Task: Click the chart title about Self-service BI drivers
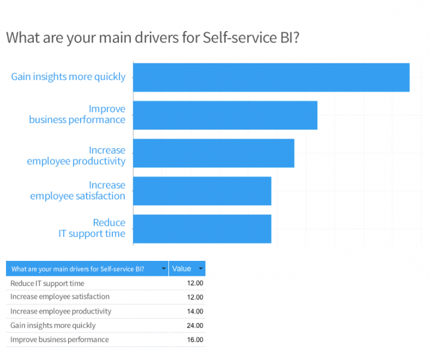[x=152, y=37]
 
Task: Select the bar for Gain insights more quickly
[x=271, y=77]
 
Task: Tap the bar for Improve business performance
[x=225, y=115]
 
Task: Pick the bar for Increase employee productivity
[x=213, y=153]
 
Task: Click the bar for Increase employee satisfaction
[x=202, y=191]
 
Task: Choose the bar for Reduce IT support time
[x=202, y=229]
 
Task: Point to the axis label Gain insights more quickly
[x=68, y=76]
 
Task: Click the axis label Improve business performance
[x=77, y=114]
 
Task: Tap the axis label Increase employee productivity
[x=76, y=155]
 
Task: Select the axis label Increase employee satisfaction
[x=78, y=190]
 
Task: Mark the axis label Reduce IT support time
[x=92, y=228]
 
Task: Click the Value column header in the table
[x=182, y=269]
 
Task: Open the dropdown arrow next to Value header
[x=201, y=269]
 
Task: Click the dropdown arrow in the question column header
[x=164, y=269]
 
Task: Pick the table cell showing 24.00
[x=195, y=326]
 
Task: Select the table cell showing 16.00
[x=195, y=340]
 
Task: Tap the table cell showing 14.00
[x=195, y=312]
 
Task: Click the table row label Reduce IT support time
[x=47, y=284]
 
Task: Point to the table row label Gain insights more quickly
[x=53, y=326]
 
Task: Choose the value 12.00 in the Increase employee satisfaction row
[x=195, y=297]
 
